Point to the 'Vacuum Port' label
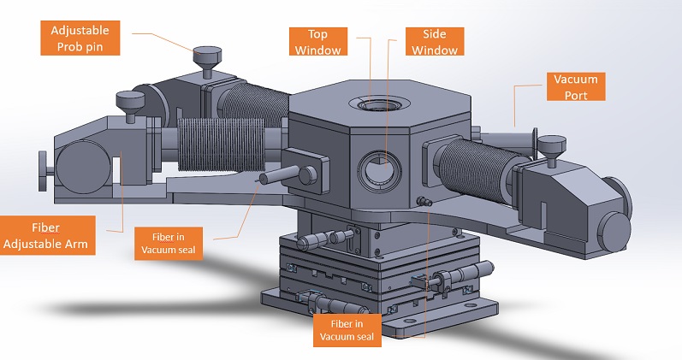pyautogui.click(x=576, y=86)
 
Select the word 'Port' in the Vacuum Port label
pyautogui.click(x=576, y=93)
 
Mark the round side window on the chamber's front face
pyautogui.click(x=377, y=168)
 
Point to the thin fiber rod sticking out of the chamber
pyautogui.click(x=273, y=178)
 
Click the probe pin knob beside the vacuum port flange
pyautogui.click(x=552, y=144)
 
